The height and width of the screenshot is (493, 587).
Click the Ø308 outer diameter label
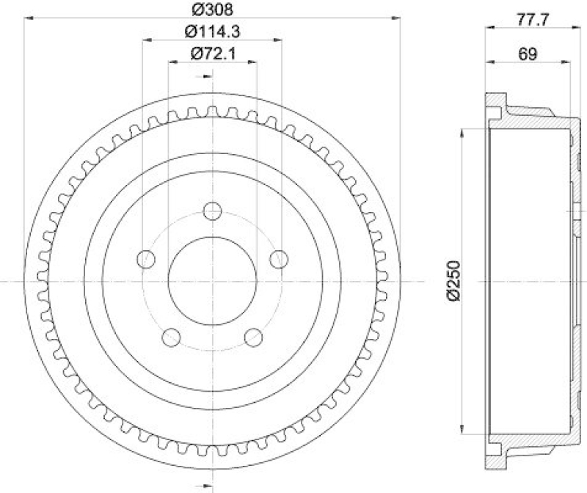click(x=211, y=10)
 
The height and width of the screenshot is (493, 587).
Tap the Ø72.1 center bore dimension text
click(x=211, y=53)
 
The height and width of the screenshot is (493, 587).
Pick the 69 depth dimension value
click(x=527, y=54)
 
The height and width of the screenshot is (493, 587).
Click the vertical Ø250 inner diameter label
click(x=453, y=280)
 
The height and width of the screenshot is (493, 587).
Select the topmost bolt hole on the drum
click(x=213, y=211)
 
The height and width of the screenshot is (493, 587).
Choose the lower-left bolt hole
click(x=172, y=337)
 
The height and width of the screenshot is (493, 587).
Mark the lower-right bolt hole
click(x=253, y=337)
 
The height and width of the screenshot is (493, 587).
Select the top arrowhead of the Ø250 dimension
click(x=463, y=133)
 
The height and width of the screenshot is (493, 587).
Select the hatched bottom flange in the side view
click(x=496, y=455)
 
